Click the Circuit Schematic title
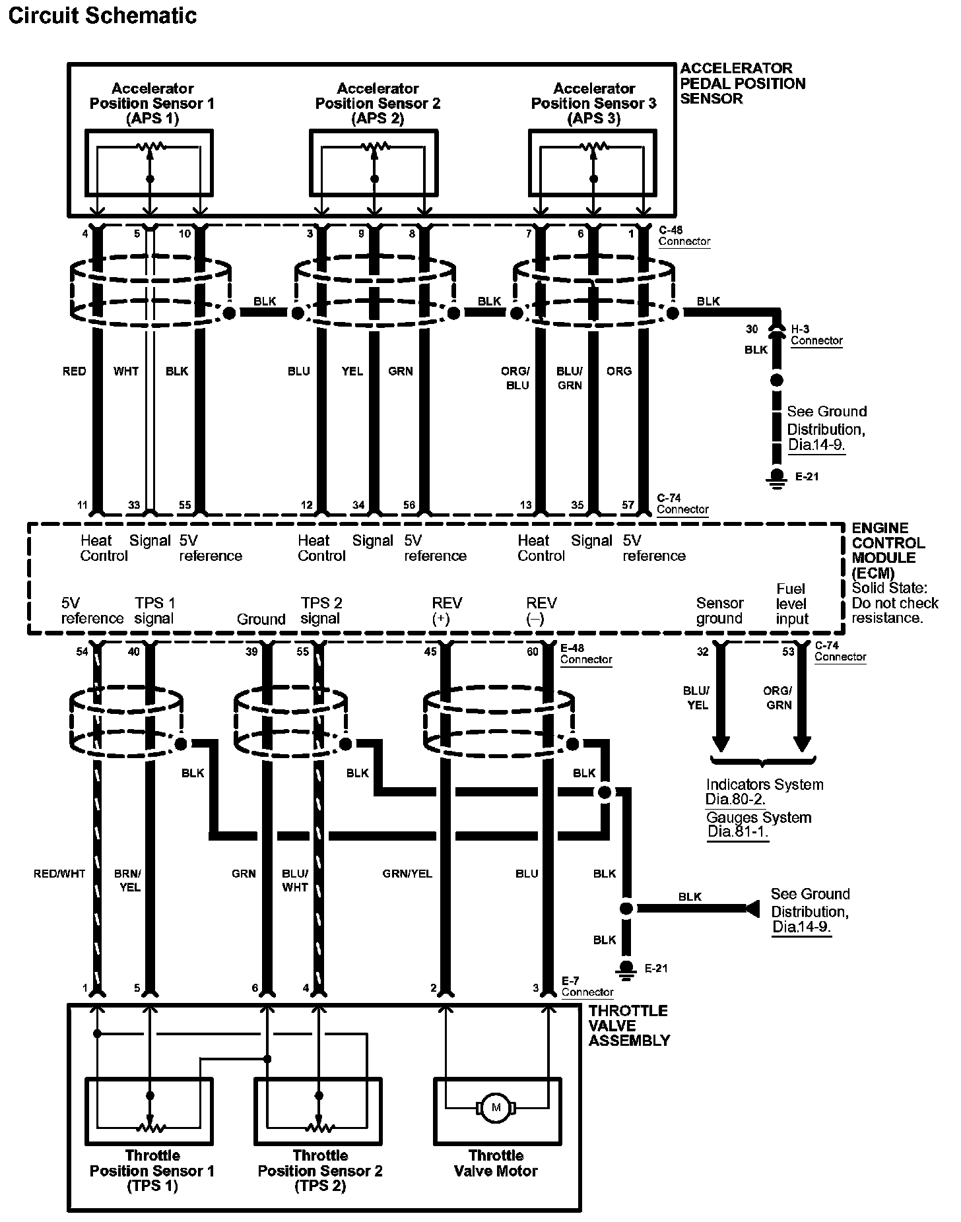[x=102, y=16]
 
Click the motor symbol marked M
[x=496, y=1107]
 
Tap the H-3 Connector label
[x=816, y=335]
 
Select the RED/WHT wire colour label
[x=59, y=874]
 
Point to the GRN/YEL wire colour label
[x=407, y=874]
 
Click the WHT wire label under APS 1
[x=125, y=371]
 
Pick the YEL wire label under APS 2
[x=352, y=371]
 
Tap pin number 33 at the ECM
[x=134, y=505]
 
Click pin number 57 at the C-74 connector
[x=628, y=505]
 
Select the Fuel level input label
[x=792, y=604]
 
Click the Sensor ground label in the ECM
[x=719, y=611]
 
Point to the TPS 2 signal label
[x=321, y=611]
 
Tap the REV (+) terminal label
[x=447, y=611]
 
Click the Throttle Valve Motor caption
[x=496, y=1163]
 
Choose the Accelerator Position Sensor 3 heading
[x=594, y=104]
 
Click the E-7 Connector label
[x=587, y=986]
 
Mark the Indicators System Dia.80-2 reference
[x=764, y=792]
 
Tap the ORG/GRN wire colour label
[x=778, y=698]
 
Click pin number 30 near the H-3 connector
[x=752, y=329]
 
